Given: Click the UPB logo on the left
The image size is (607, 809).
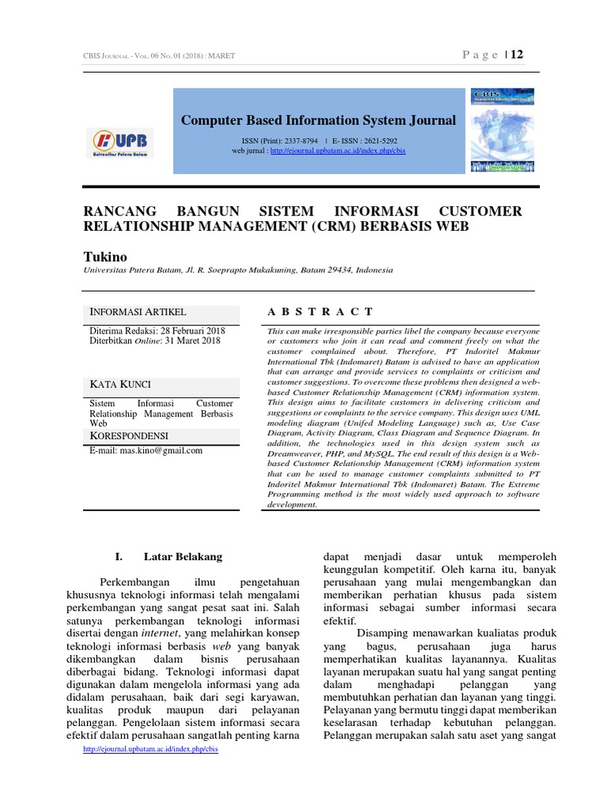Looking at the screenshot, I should point(122,142).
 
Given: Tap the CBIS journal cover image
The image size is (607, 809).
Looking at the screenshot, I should point(502,130).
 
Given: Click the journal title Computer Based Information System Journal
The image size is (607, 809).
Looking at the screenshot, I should point(319,120).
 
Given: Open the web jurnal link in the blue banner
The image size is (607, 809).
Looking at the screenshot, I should point(337,150).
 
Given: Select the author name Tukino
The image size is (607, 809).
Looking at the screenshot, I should point(104,257).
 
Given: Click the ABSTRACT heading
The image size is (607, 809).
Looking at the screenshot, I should point(320,312).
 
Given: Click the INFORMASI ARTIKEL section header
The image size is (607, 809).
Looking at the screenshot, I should point(138,312).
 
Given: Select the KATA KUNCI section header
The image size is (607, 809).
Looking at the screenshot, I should point(120,384).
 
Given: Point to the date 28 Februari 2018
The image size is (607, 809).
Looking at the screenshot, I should point(192,330).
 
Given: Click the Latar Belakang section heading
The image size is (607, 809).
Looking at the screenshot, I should point(183,557).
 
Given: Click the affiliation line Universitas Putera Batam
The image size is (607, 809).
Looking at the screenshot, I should point(238,270).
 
